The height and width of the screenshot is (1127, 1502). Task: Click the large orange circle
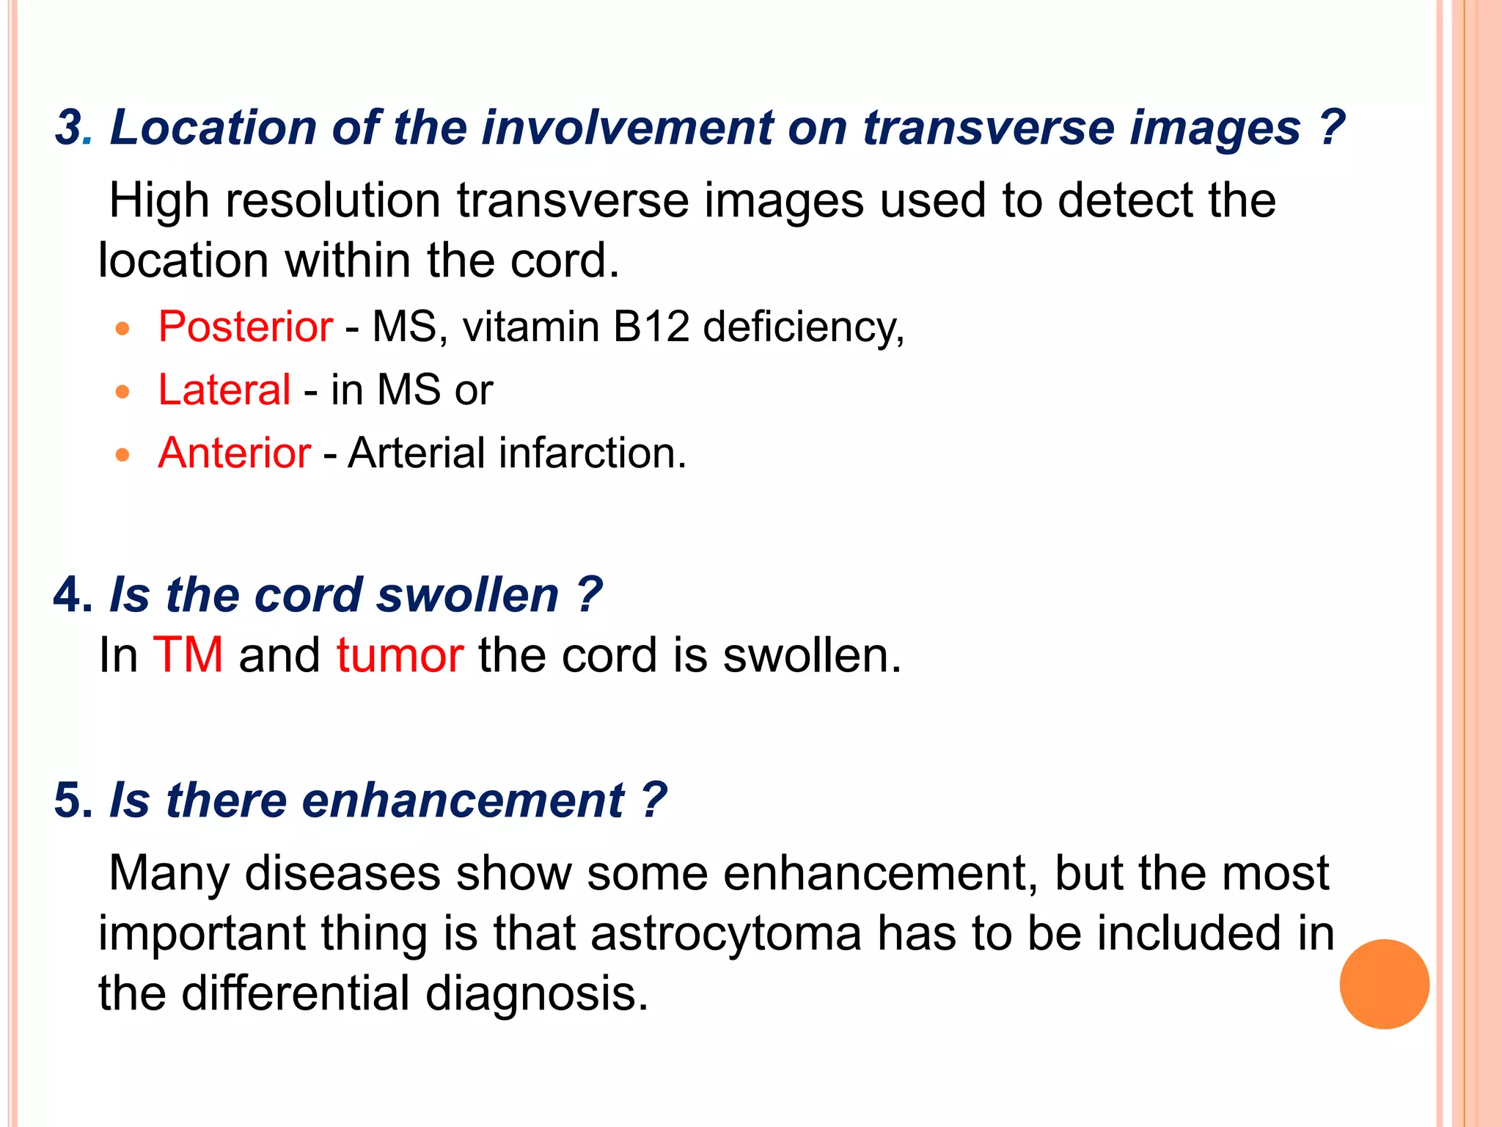coord(1384,984)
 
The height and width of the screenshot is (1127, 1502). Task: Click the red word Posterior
coord(246,327)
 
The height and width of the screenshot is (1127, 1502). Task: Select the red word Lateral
coord(224,390)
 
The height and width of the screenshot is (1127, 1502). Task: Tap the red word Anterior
coord(235,453)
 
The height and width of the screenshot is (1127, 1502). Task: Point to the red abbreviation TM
coord(188,654)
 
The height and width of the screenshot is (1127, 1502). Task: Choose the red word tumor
coord(400,654)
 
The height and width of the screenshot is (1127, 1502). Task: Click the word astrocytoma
coord(725,933)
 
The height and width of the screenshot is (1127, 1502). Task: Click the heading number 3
coord(70,128)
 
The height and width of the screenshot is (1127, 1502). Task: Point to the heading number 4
coord(70,594)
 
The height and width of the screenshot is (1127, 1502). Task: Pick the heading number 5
coord(70,800)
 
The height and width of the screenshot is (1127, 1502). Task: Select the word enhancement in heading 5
coord(463,800)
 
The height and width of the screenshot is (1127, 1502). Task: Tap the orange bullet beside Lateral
coord(122,391)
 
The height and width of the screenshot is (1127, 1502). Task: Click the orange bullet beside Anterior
coord(122,455)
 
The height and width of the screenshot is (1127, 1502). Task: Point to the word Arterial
coord(417,453)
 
